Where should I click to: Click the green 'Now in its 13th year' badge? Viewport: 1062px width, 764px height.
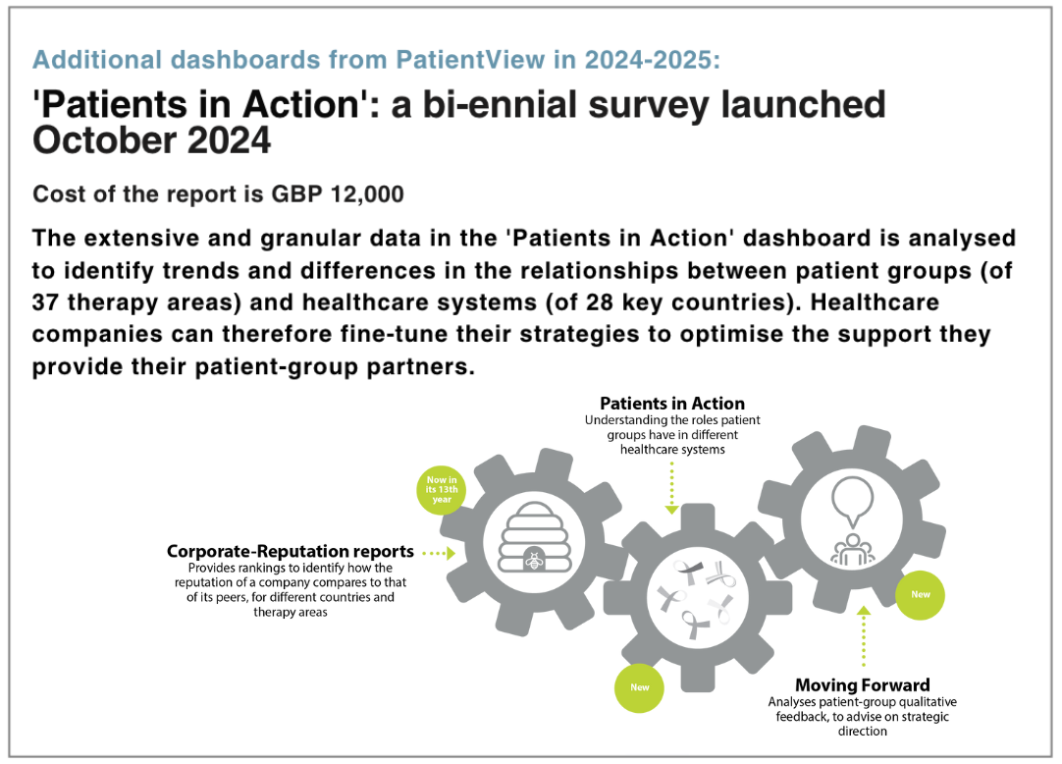[x=442, y=489]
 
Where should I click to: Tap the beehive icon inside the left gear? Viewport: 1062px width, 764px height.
[x=534, y=538]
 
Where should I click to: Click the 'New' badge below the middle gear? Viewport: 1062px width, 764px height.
[x=639, y=687]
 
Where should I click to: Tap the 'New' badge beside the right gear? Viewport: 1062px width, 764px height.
[x=920, y=594]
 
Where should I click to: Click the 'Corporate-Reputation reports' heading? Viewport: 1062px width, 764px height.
[x=291, y=552]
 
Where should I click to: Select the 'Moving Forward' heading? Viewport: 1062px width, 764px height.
[x=862, y=684]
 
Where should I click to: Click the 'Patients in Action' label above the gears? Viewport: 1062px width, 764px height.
[x=672, y=404]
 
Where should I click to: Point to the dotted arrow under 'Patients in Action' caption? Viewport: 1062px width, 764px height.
[x=672, y=487]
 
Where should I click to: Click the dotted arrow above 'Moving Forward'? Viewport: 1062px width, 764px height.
[x=863, y=636]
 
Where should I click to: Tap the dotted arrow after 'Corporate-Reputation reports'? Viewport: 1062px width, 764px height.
[x=439, y=554]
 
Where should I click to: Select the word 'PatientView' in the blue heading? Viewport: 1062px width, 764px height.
[x=470, y=60]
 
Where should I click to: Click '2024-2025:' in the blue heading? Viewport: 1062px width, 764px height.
[x=653, y=60]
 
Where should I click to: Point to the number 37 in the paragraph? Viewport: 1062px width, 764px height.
[x=45, y=302]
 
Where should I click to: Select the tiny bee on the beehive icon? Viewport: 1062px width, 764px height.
[x=534, y=561]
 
